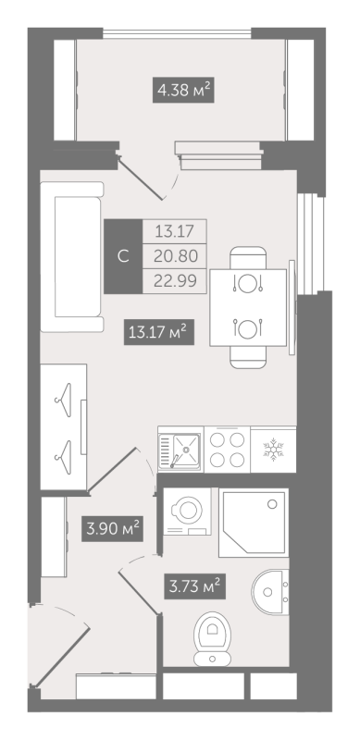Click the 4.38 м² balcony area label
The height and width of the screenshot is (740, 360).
click(x=183, y=90)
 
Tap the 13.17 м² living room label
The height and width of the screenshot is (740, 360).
click(x=159, y=332)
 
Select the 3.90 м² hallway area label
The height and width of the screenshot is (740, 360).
click(x=112, y=528)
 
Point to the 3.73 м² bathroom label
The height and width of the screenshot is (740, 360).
click(x=194, y=586)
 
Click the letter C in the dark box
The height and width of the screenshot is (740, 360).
click(x=123, y=257)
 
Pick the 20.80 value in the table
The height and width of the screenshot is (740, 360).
click(x=175, y=256)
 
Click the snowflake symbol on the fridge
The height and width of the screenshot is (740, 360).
click(x=273, y=449)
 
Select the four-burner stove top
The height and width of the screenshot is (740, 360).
click(x=227, y=449)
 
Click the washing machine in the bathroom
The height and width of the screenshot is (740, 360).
click(x=187, y=512)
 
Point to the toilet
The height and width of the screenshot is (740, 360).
click(x=212, y=639)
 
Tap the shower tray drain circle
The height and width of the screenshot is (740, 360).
click(x=272, y=504)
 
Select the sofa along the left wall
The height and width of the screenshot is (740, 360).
click(x=72, y=257)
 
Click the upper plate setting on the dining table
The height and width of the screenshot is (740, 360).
click(x=247, y=283)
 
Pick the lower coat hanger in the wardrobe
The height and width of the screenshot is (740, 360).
click(x=63, y=452)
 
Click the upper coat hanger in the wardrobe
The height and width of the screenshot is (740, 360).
click(x=63, y=400)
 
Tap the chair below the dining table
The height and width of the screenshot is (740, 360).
click(x=249, y=357)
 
